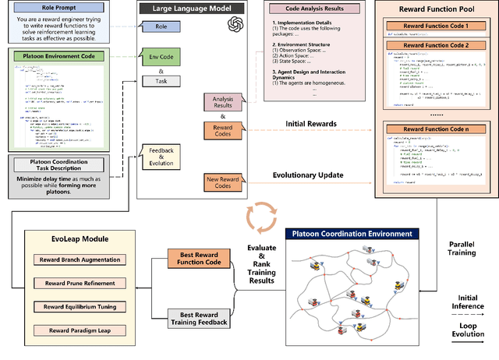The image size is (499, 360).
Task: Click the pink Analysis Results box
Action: point(221,101)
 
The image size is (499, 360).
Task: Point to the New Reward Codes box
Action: point(221,183)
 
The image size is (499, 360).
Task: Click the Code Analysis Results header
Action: point(307,7)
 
